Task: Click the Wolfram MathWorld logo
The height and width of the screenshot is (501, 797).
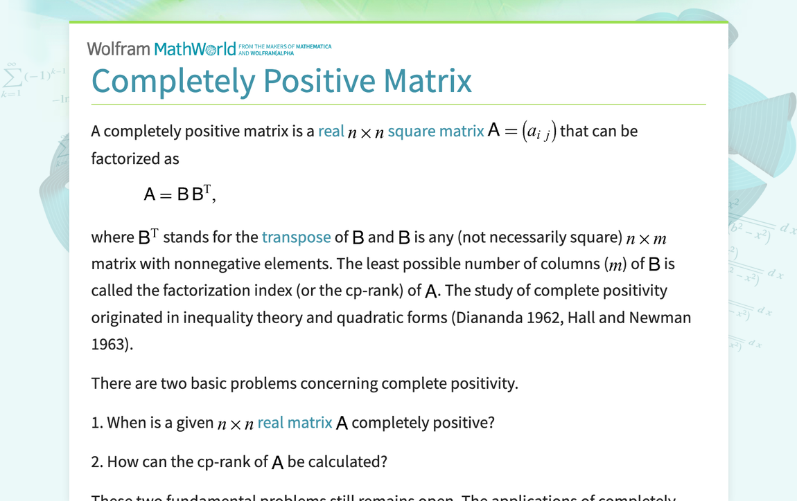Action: (x=161, y=48)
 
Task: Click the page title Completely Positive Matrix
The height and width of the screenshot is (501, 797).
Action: (x=281, y=80)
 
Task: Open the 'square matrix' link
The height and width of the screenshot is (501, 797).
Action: (x=436, y=131)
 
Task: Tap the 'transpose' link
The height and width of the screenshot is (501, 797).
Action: (x=296, y=237)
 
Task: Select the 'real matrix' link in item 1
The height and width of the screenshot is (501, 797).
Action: (x=295, y=422)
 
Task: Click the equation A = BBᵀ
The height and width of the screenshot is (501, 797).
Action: (x=179, y=194)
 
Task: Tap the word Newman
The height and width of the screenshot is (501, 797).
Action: (x=660, y=317)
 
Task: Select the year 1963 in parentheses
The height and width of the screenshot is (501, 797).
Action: (x=108, y=344)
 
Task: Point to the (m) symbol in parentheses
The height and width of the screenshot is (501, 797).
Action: (x=614, y=264)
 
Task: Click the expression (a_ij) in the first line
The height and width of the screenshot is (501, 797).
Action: (x=538, y=131)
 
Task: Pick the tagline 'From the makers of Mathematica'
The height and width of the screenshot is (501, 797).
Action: (x=285, y=46)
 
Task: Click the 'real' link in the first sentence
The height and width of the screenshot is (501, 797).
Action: (x=331, y=131)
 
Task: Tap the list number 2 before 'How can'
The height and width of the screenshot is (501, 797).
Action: (x=96, y=462)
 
